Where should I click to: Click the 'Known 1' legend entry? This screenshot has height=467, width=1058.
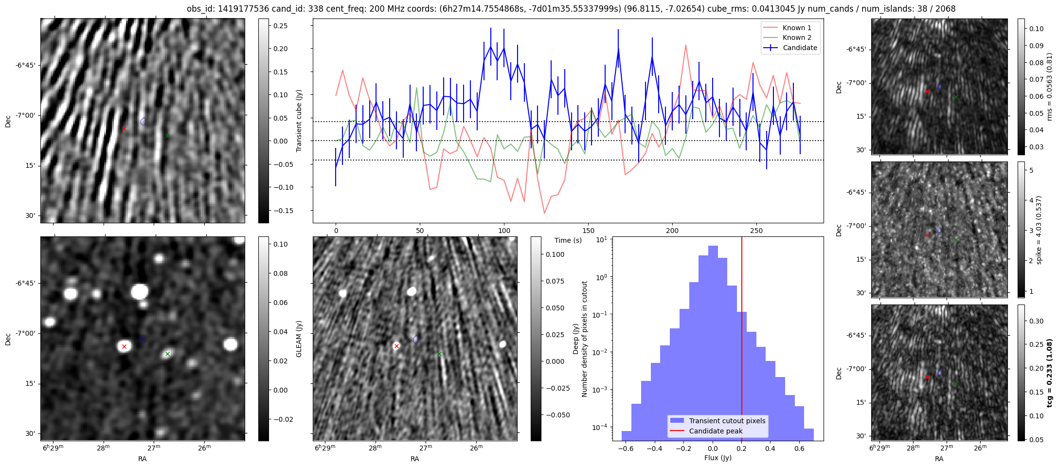[x=796, y=28]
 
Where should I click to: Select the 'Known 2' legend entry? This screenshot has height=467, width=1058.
[x=796, y=37]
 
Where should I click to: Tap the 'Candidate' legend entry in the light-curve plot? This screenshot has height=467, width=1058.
[x=800, y=48]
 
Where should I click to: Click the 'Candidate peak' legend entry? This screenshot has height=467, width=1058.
[x=716, y=431]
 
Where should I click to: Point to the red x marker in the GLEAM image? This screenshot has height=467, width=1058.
[x=124, y=346]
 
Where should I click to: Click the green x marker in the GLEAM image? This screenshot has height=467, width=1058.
[x=167, y=354]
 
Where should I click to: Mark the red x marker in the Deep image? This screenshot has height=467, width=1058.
[x=396, y=346]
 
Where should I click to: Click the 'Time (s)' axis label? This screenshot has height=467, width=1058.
[x=568, y=240]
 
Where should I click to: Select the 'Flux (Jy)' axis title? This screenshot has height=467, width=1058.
[x=717, y=458]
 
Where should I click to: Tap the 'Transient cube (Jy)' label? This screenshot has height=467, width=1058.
[x=299, y=121]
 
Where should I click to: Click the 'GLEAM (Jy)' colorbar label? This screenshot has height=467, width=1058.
[x=299, y=339]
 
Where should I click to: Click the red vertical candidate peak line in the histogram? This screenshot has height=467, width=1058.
[x=742, y=341]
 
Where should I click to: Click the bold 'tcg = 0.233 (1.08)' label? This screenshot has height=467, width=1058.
[x=1049, y=373]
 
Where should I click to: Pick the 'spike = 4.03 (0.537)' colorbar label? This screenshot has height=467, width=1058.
[x=1039, y=230]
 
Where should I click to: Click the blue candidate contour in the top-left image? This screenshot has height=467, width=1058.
[x=143, y=121]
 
